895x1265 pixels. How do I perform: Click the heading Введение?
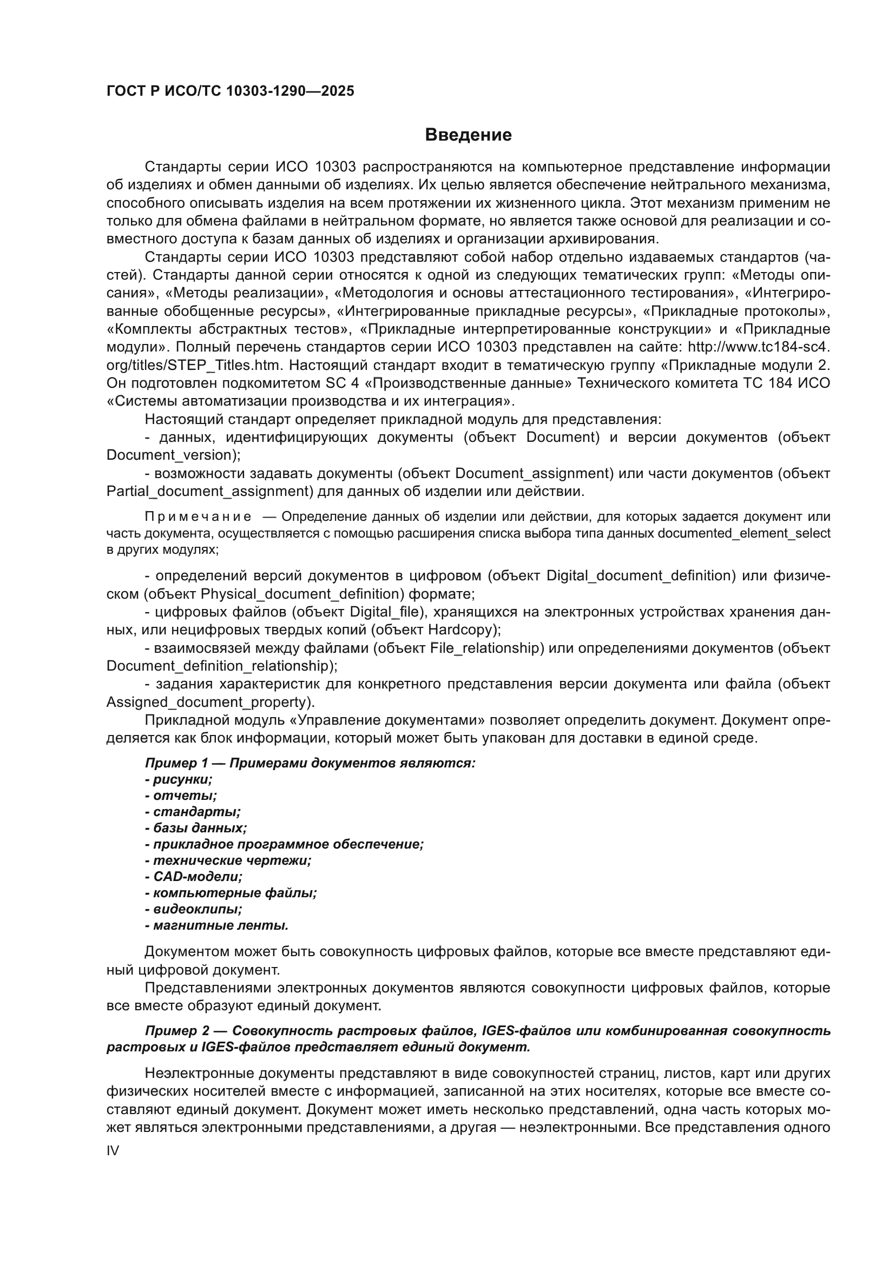point(468,135)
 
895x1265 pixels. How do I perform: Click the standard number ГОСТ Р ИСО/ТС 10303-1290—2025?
point(230,91)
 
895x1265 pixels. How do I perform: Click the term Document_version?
point(169,455)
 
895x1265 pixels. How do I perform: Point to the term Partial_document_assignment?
point(209,492)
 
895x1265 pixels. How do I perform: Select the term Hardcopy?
point(460,630)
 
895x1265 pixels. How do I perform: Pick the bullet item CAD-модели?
point(198,877)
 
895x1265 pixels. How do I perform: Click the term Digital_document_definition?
point(640,576)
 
